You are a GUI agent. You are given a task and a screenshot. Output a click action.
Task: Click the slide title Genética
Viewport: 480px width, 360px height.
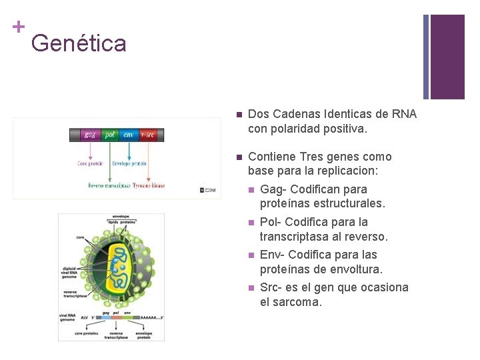point(78,43)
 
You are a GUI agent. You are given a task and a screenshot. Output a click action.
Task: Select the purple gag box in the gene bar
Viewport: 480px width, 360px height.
point(89,135)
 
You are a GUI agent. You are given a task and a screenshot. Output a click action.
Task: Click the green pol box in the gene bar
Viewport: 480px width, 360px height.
point(109,135)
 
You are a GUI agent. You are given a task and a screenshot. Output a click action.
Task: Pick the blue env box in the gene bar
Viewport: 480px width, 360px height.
point(128,135)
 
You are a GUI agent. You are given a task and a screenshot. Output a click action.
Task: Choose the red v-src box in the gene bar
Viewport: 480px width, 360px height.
point(147,135)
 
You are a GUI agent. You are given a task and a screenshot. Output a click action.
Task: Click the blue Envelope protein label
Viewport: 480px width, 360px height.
point(129,163)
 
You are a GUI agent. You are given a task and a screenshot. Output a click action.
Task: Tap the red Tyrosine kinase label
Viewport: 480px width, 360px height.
point(148,185)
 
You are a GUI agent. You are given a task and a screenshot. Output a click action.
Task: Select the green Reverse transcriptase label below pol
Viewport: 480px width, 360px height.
point(109,185)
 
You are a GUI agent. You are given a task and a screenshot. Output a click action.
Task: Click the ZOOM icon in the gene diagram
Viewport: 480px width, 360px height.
point(209,191)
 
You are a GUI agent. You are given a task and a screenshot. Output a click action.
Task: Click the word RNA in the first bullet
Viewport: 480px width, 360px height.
point(405,114)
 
